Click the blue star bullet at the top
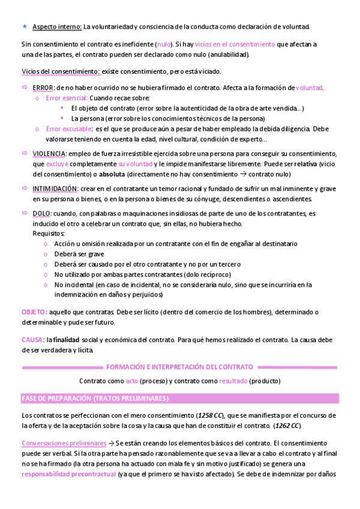tap(24, 26)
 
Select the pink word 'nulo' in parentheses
tap(163, 44)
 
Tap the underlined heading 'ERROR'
tap(43, 88)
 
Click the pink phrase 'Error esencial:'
tap(66, 98)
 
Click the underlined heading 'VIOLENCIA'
tap(50, 154)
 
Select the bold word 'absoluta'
tap(112, 174)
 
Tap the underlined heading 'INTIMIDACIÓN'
tap(55, 188)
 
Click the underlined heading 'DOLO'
tap(41, 214)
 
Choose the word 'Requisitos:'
tap(49, 233)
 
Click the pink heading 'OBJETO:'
tap(34, 312)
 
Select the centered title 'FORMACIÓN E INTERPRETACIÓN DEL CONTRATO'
tap(179, 367)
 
